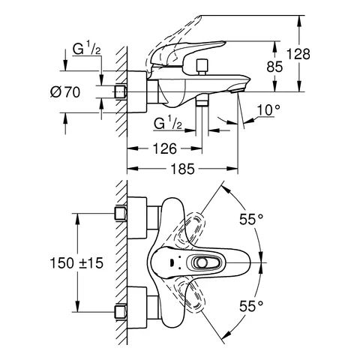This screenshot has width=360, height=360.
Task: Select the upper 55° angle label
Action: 251,220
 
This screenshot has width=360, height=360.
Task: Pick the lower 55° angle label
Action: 251,305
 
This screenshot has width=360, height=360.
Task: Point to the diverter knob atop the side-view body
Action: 201,69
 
